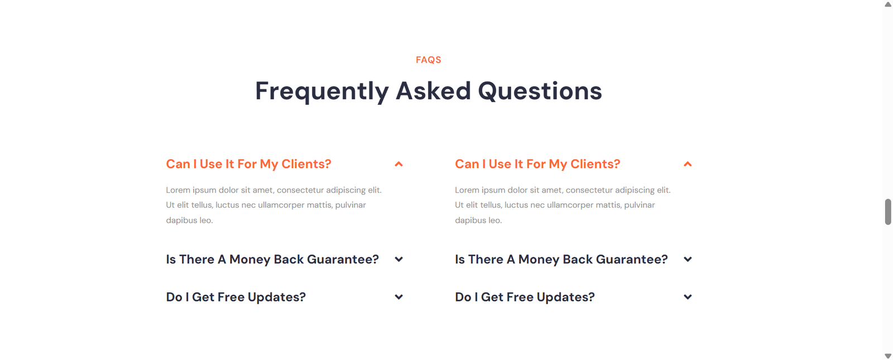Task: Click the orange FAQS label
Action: [x=428, y=60]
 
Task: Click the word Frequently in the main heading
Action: [x=321, y=92]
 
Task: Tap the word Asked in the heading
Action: [x=433, y=90]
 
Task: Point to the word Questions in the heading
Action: [x=540, y=91]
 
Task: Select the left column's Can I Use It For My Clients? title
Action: [x=248, y=164]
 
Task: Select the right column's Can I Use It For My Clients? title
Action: [x=537, y=164]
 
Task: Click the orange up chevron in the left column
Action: [x=399, y=164]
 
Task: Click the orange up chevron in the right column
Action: [x=688, y=164]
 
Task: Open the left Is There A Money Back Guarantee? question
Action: [x=272, y=259]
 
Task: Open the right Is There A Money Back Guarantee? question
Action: [x=561, y=259]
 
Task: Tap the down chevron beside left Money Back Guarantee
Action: [x=399, y=260]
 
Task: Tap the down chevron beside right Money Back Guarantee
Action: [x=688, y=260]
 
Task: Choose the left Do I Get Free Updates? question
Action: [x=236, y=297]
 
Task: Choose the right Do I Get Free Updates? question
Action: [x=525, y=297]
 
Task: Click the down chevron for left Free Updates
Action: [x=399, y=297]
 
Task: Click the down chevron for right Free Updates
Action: [x=688, y=297]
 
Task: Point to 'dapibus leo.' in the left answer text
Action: [x=189, y=220]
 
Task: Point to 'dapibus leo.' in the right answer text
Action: [x=478, y=220]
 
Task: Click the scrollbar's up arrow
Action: [x=888, y=4]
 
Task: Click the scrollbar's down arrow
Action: [x=888, y=356]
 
